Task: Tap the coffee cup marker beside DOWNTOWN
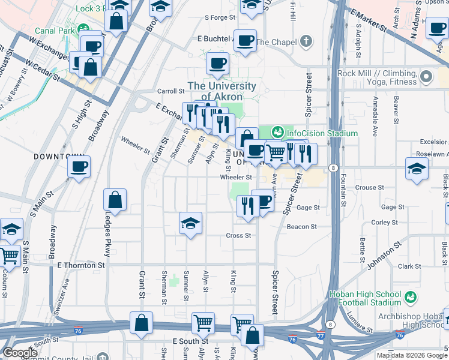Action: coord(79,166)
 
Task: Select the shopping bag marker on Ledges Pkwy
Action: coord(115,200)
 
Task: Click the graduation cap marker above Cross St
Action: coord(191,224)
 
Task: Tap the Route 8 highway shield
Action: coord(333,168)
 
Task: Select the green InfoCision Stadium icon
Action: coord(277,131)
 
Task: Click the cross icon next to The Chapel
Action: coord(307,42)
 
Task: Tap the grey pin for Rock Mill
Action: coord(426,76)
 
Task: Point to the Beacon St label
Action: coord(301,227)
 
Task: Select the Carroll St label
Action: coord(170,91)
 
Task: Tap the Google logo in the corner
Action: coord(20,353)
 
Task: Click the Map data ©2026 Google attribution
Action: coord(411,355)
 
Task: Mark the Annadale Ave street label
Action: coord(375,115)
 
